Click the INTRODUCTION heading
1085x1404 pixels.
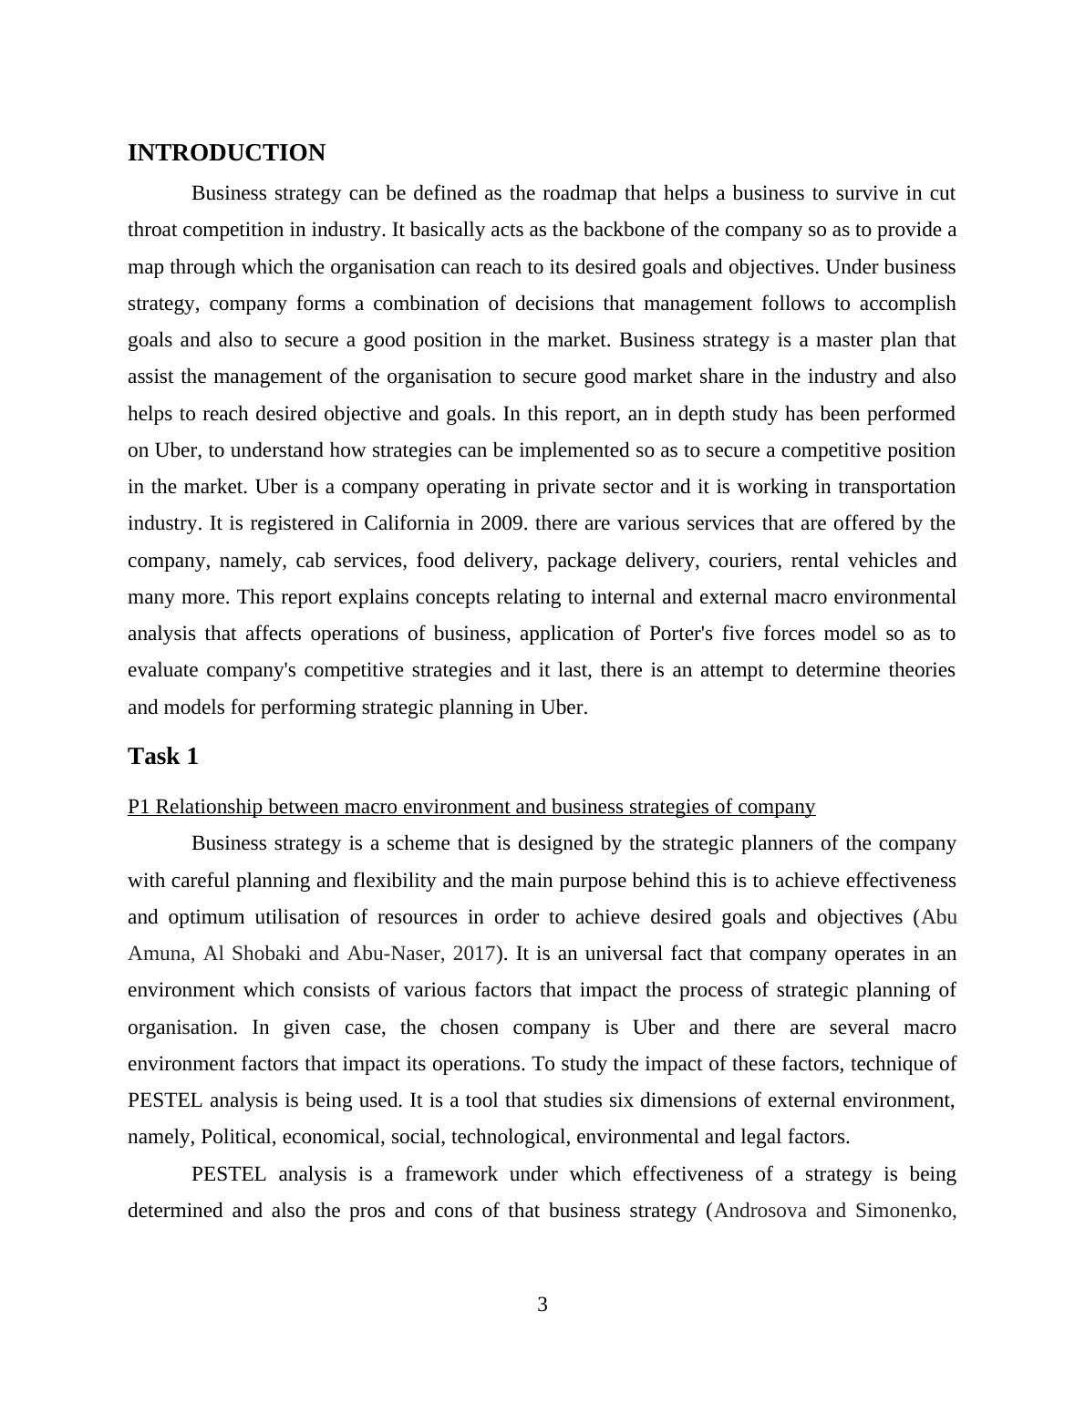tap(226, 153)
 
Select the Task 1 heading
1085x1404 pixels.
tap(163, 757)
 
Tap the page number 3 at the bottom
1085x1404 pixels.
tap(542, 1305)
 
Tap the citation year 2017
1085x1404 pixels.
tap(474, 954)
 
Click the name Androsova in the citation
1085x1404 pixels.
tap(759, 1211)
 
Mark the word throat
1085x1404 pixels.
tap(152, 230)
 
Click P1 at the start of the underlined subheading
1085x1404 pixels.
tap(139, 807)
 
